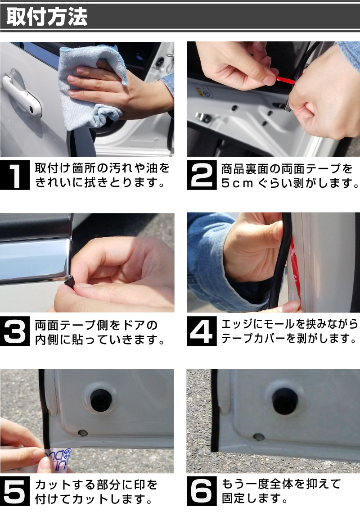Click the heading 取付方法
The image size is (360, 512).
pyautogui.click(x=47, y=17)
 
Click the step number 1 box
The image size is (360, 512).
pyautogui.click(x=15, y=175)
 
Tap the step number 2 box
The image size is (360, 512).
pyautogui.click(x=202, y=175)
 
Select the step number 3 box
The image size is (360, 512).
pyautogui.click(x=15, y=331)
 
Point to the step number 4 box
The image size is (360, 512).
pyautogui.click(x=202, y=331)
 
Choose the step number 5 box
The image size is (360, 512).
pyautogui.click(x=15, y=491)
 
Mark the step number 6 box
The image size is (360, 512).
pyautogui.click(x=202, y=491)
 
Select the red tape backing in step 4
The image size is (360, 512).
pyautogui.click(x=295, y=268)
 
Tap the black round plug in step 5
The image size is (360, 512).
pyautogui.click(x=101, y=400)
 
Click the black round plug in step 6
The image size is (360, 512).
pyautogui.click(x=284, y=401)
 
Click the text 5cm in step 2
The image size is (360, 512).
pyautogui.click(x=237, y=184)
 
